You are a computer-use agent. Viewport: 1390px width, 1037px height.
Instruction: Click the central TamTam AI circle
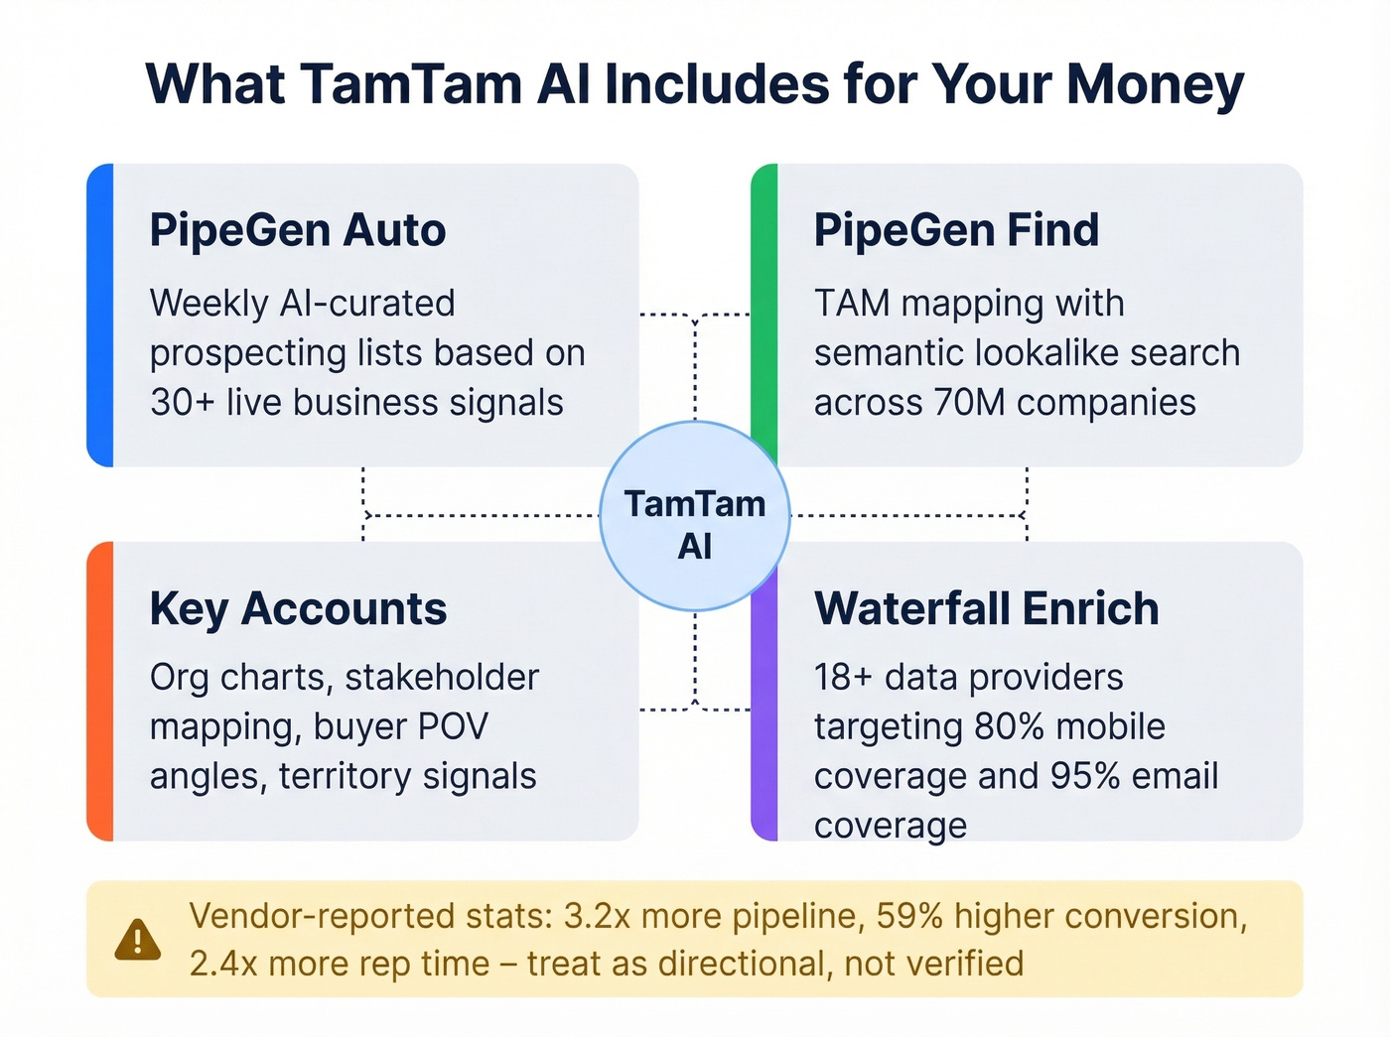tap(695, 516)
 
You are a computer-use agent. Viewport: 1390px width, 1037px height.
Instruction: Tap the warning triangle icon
tap(137, 939)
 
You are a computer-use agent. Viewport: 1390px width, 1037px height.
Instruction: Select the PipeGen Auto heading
tap(298, 230)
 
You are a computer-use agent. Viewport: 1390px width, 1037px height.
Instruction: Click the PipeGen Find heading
tap(956, 230)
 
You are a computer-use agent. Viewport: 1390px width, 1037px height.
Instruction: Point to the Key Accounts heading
tap(298, 609)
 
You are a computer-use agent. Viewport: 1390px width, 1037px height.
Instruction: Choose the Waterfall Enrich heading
tap(986, 609)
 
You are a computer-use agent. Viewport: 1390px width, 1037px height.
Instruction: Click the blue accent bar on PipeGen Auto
tap(100, 315)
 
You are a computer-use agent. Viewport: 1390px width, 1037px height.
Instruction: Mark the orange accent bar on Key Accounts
tap(100, 691)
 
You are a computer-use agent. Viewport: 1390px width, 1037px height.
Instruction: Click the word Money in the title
tap(1155, 85)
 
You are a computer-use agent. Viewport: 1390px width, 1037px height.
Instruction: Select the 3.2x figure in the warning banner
tap(597, 916)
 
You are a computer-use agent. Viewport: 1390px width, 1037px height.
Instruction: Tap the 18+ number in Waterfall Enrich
tap(843, 678)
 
